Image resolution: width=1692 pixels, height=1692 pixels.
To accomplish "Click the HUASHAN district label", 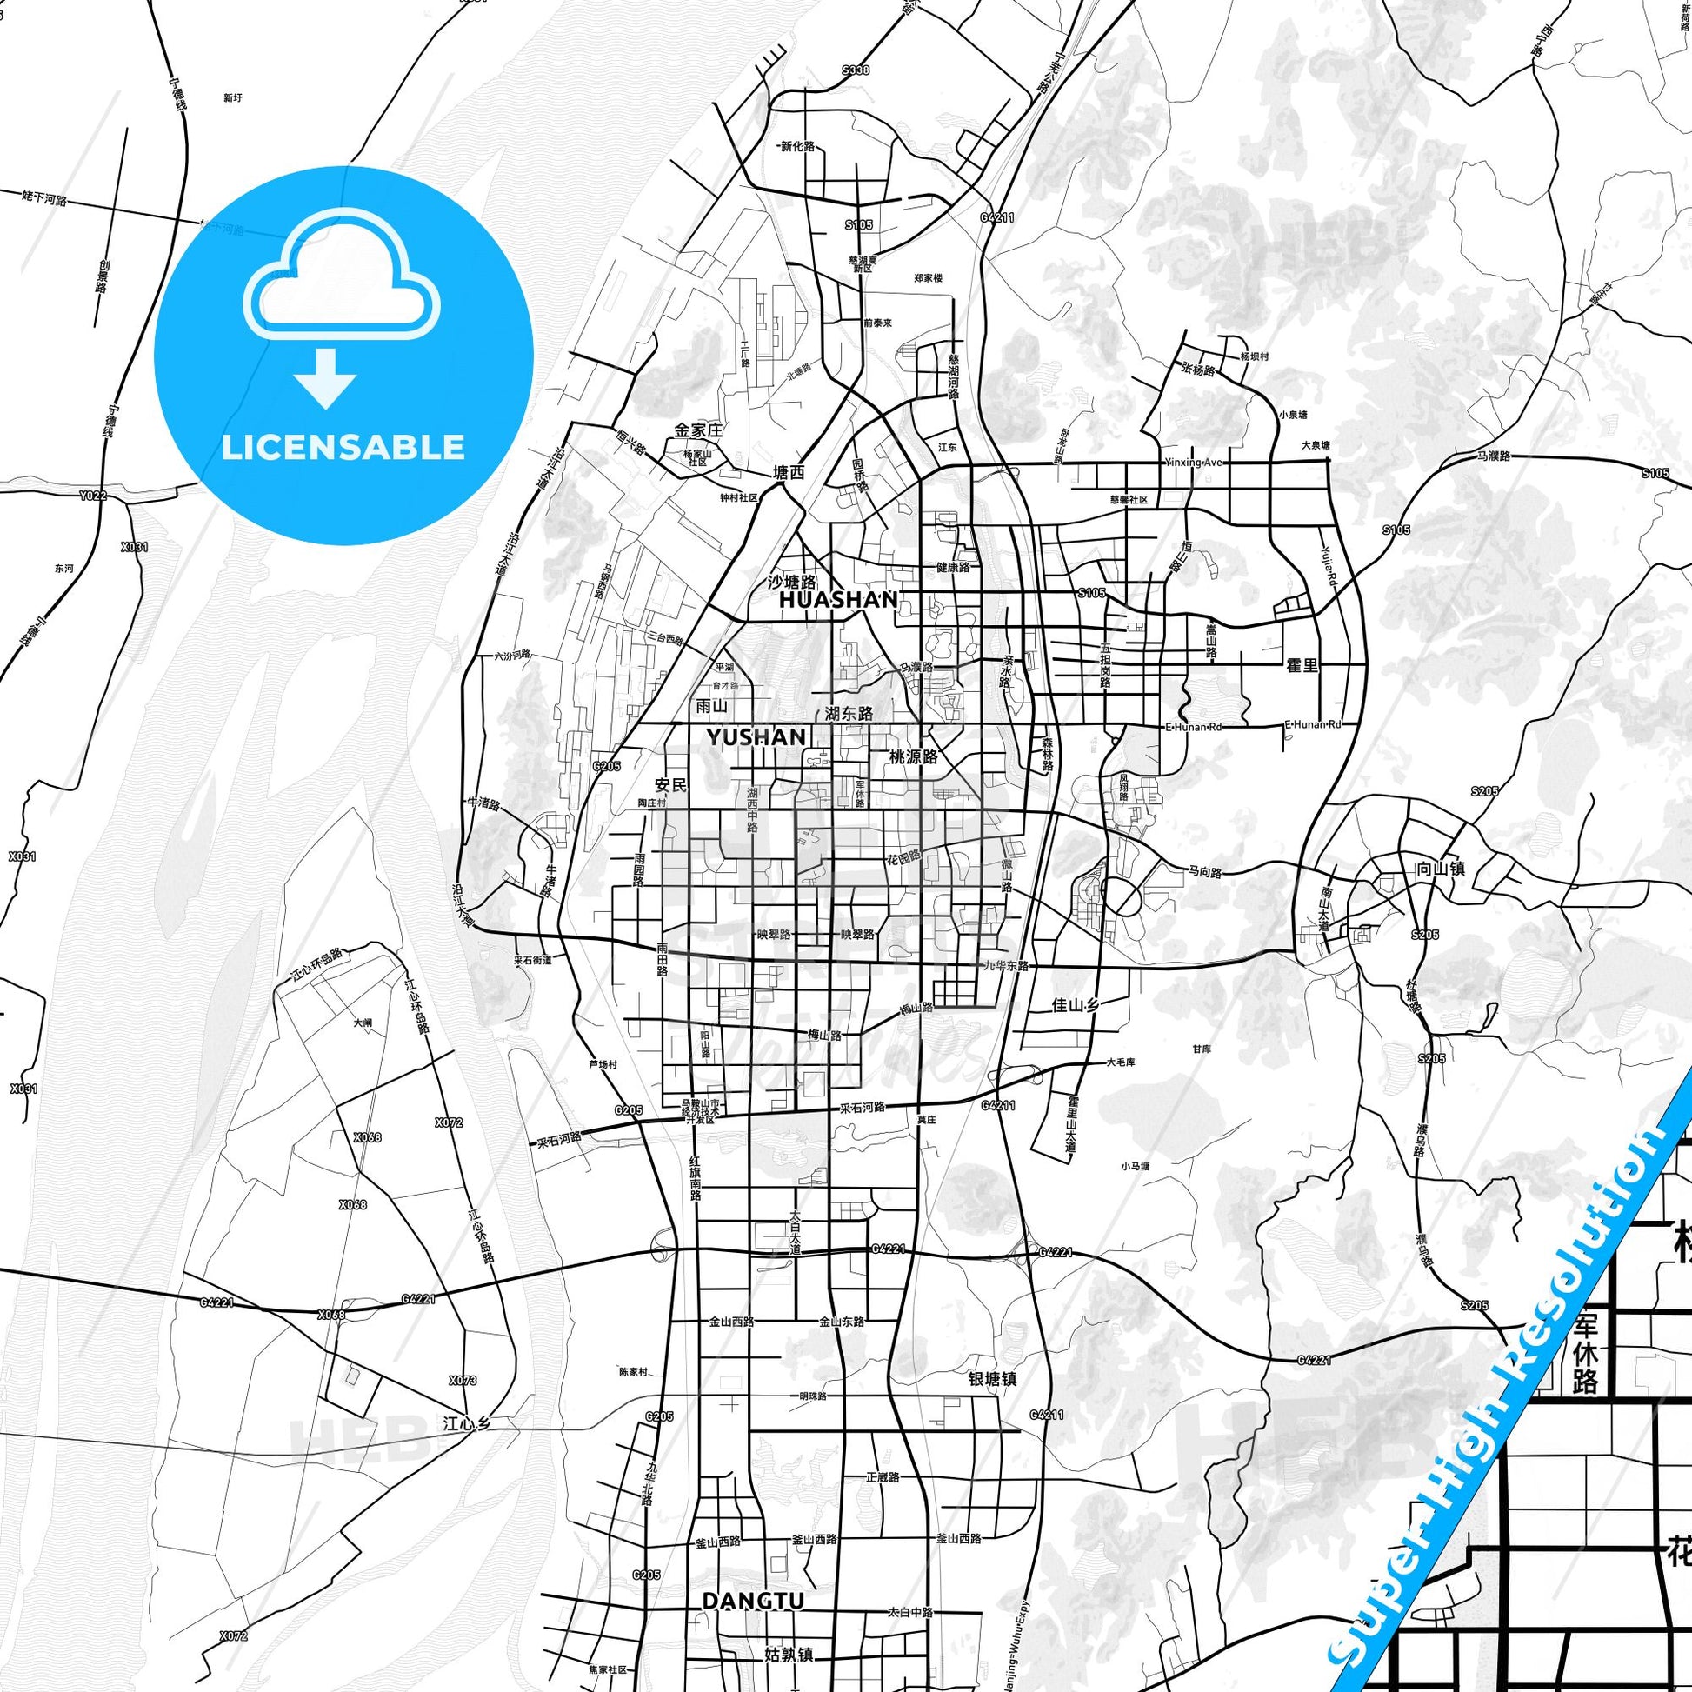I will (838, 600).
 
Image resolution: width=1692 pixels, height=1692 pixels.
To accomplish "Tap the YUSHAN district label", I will (756, 737).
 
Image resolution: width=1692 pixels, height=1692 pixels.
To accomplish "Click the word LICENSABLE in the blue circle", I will (343, 447).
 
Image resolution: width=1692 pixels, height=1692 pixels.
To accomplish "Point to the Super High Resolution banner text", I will (1497, 1402).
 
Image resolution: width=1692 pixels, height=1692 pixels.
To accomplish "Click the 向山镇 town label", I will (1440, 869).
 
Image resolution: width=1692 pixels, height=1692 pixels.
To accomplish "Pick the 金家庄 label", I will (697, 431).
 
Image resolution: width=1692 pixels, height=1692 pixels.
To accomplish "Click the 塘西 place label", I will (788, 473).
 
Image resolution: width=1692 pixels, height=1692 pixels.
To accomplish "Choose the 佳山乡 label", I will (1074, 1004).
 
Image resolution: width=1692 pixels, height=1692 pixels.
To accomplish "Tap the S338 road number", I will (856, 70).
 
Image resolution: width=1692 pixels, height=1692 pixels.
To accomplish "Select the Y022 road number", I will (92, 496).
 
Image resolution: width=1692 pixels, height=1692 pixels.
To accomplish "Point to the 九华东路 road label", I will (1003, 965).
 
